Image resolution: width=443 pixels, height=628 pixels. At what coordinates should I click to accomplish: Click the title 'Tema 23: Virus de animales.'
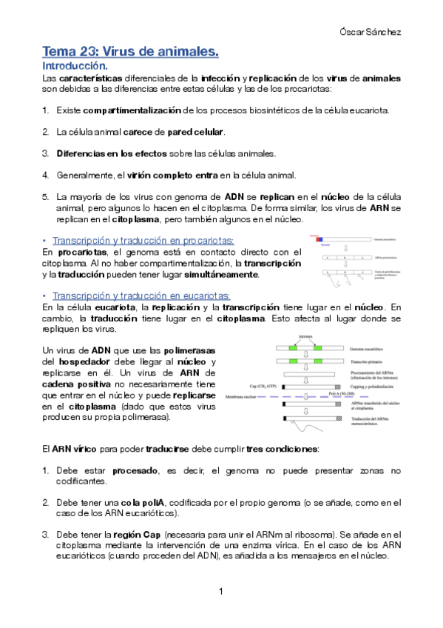(x=130, y=52)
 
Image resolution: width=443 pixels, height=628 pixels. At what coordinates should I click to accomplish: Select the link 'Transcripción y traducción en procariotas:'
(x=143, y=241)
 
